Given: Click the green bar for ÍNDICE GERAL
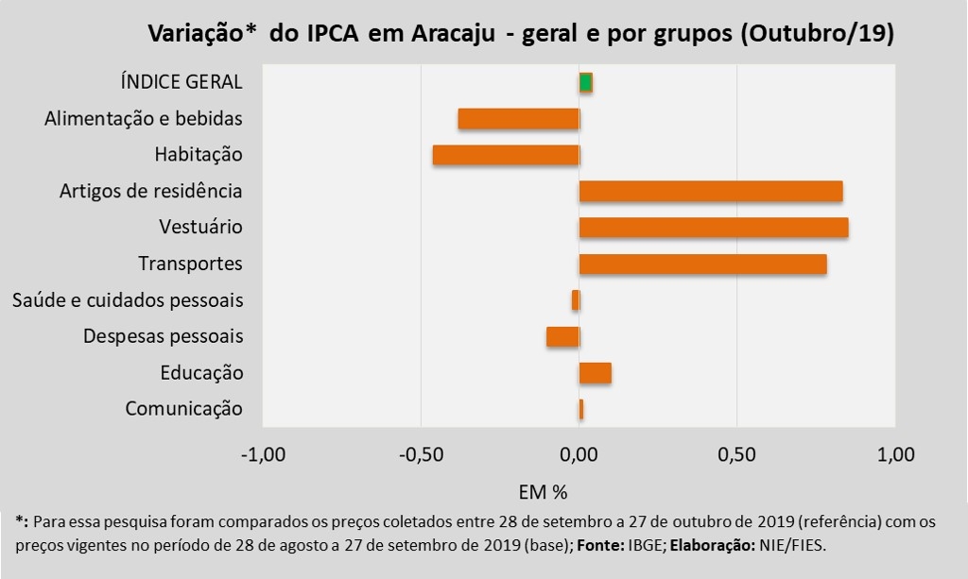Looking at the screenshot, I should pos(586,82).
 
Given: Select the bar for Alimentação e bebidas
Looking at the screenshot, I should pos(518,119).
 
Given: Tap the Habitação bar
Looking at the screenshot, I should pos(506,155).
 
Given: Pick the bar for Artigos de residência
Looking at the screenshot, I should pos(711,191).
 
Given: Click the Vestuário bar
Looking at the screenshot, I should pos(714,228).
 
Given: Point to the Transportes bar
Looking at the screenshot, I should pos(703,264).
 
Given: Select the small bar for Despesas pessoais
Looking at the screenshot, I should pos(562,336).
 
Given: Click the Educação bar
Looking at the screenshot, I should pos(596,372).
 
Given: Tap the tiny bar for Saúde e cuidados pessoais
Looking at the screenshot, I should pos(576,300).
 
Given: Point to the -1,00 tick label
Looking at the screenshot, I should pos(263,454).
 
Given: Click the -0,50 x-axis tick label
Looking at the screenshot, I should pos(421,454).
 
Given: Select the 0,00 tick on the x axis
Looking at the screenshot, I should pos(579,454).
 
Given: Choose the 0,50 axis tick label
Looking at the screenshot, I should pos(737,454).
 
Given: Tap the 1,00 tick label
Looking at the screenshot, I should pos(896,454).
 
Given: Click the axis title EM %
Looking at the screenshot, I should pos(543,491).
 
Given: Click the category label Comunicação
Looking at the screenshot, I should pos(183,409).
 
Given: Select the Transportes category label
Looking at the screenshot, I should pos(190,264).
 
